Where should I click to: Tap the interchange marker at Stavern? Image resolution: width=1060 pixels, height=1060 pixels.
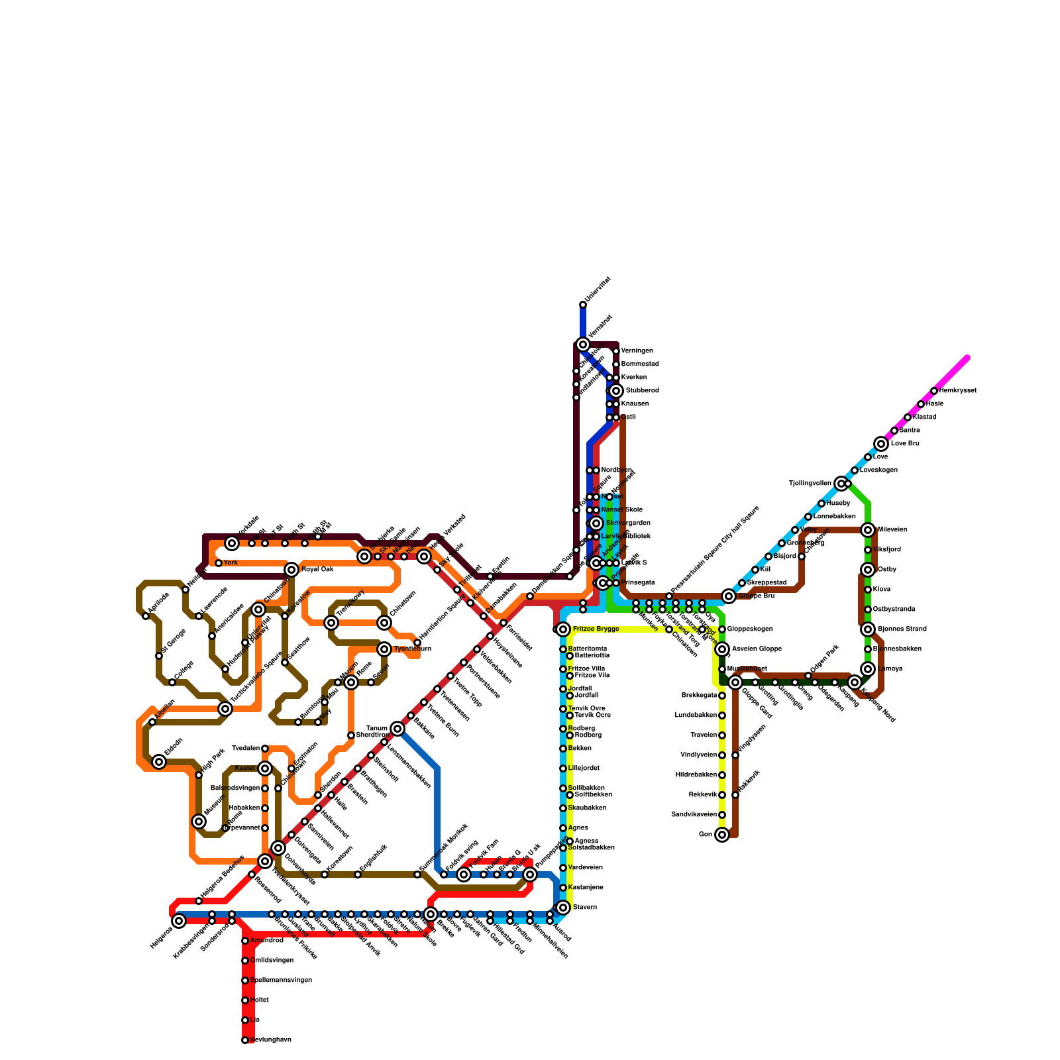pyautogui.click(x=563, y=908)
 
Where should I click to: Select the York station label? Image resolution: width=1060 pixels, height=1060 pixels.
pyautogui.click(x=230, y=563)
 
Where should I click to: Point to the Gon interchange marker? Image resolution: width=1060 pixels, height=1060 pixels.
pyautogui.click(x=722, y=835)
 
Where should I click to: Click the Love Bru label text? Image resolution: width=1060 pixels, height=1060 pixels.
pyautogui.click(x=905, y=444)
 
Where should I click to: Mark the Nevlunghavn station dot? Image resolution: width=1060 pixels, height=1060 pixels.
pyautogui.click(x=245, y=1040)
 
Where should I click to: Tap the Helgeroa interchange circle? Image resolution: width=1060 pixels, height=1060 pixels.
pyautogui.click(x=179, y=921)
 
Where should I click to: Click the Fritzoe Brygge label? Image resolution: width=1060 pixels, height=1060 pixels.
pyautogui.click(x=596, y=629)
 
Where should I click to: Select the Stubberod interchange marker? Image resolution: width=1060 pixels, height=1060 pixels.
pyautogui.click(x=616, y=391)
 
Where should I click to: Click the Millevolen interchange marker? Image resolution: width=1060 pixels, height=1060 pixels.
pyautogui.click(x=868, y=530)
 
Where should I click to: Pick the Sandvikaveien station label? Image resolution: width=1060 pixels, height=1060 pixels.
pyautogui.click(x=694, y=815)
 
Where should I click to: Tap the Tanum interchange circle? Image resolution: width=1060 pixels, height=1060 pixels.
pyautogui.click(x=397, y=729)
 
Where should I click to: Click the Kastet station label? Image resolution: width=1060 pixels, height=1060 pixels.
pyautogui.click(x=245, y=768)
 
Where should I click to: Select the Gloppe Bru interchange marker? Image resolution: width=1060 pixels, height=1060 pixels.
pyautogui.click(x=729, y=596)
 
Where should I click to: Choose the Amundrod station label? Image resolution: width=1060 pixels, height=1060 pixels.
pyautogui.click(x=266, y=941)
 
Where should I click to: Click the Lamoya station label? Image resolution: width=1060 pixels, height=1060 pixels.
pyautogui.click(x=889, y=669)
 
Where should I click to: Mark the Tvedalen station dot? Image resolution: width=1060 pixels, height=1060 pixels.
pyautogui.click(x=265, y=749)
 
